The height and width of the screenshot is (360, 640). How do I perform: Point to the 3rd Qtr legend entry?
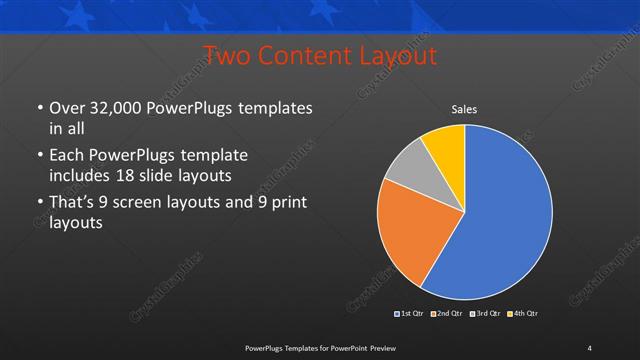(486, 314)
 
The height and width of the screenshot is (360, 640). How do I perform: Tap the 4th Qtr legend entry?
(523, 314)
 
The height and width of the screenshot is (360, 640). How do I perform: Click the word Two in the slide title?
(227, 56)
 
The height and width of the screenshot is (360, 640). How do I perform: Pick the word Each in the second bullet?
(67, 156)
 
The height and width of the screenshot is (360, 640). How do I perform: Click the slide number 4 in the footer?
(589, 347)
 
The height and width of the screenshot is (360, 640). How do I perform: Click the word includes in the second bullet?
(83, 175)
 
